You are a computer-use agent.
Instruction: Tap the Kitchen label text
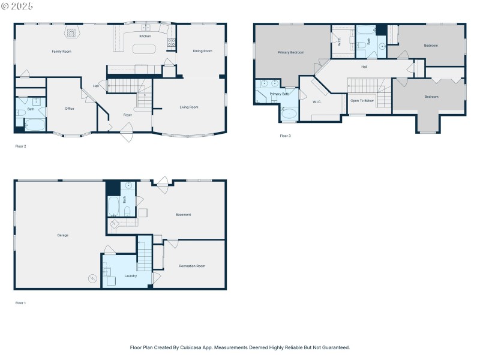click(145, 37)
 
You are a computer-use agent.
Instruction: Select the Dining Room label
click(202, 51)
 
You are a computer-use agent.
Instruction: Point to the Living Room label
click(189, 107)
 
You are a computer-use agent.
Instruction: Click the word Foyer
click(128, 115)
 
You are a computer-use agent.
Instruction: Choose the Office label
click(70, 109)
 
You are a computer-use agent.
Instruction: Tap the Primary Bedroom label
click(290, 53)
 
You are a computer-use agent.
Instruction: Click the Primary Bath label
click(280, 94)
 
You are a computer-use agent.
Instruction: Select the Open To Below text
click(362, 101)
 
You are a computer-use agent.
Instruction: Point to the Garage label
click(62, 235)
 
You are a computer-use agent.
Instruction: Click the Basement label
click(183, 215)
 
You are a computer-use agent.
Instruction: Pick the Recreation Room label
click(192, 266)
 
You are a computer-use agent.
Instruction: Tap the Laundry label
click(130, 276)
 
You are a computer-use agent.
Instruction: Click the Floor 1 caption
click(20, 303)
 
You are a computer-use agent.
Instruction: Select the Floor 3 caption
click(285, 136)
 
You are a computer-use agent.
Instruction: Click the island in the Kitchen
click(144, 49)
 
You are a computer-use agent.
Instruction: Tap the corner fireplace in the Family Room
click(72, 33)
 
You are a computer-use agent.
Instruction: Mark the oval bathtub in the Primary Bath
click(289, 113)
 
